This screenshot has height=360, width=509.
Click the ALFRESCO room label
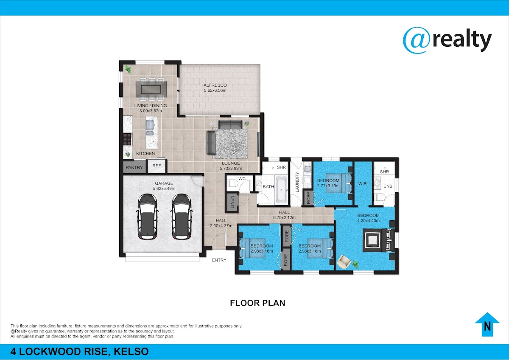click(215, 85)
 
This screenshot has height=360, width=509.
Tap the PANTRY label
click(134, 167)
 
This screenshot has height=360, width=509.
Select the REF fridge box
click(157, 166)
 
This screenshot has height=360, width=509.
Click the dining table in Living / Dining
click(151, 89)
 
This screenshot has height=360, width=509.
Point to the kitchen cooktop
click(127, 139)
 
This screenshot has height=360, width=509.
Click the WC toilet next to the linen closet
click(232, 183)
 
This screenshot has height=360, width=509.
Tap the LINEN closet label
click(232, 202)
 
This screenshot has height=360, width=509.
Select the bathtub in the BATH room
click(281, 190)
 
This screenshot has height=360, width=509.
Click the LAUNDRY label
click(297, 182)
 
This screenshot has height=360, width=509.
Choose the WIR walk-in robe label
click(362, 183)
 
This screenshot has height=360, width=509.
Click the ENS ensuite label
click(388, 186)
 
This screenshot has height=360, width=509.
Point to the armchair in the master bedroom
click(344, 262)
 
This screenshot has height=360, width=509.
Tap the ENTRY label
click(219, 260)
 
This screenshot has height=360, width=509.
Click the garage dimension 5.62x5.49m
click(164, 188)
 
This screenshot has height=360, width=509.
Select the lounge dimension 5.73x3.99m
click(231, 169)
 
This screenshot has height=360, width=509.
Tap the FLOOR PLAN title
click(257, 303)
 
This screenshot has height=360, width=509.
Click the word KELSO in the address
click(131, 352)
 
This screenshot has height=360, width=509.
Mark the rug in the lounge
click(230, 143)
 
